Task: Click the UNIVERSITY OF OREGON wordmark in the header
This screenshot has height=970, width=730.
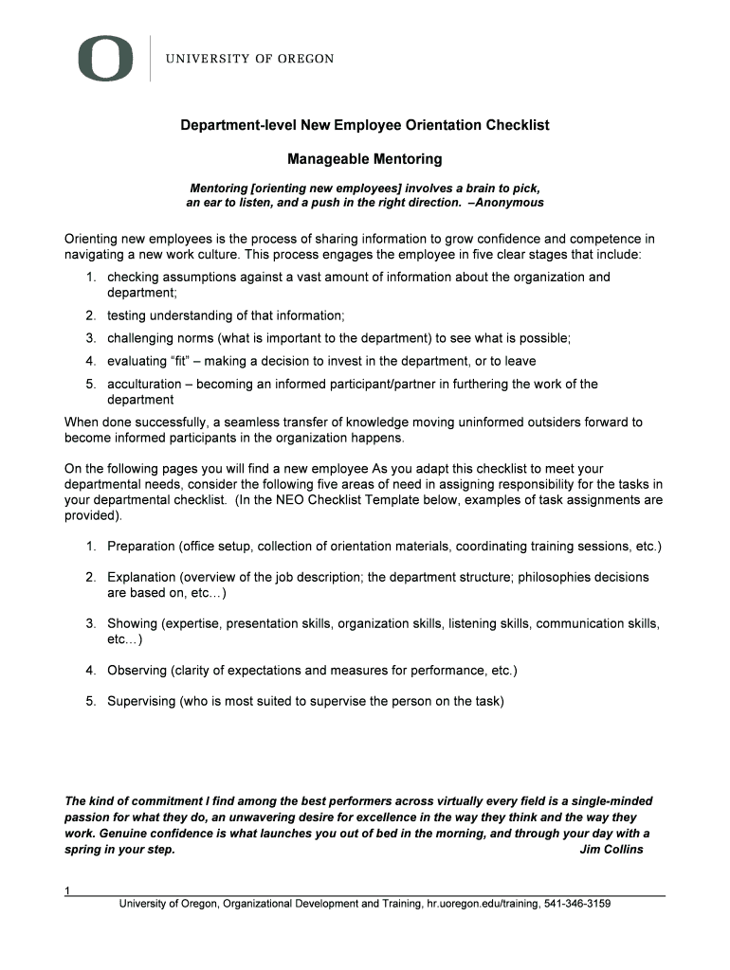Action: (x=250, y=59)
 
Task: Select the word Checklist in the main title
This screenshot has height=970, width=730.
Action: (x=517, y=125)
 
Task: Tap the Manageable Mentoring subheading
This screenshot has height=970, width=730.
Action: (x=365, y=158)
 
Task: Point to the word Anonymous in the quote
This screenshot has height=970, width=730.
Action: (x=513, y=203)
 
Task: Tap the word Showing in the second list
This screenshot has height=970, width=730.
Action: (x=131, y=623)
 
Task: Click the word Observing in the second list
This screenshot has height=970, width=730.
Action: (x=137, y=671)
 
